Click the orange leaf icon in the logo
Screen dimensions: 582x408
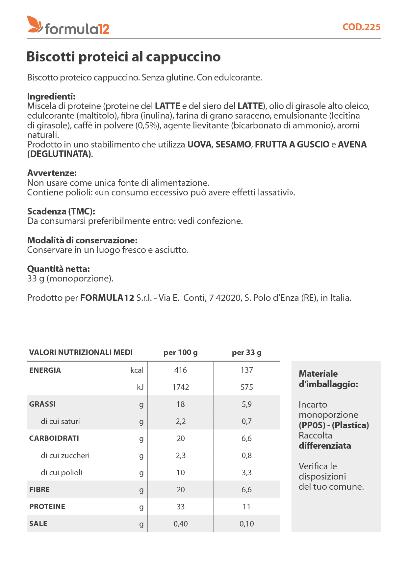(x=35, y=24)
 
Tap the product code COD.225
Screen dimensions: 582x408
(x=361, y=27)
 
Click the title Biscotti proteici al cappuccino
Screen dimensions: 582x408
(x=123, y=56)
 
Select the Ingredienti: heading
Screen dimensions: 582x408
(x=51, y=97)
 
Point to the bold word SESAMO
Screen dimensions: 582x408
(x=233, y=145)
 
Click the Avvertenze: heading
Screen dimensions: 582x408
(x=52, y=173)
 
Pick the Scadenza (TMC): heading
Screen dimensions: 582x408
(x=61, y=212)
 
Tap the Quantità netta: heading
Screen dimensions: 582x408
(x=59, y=269)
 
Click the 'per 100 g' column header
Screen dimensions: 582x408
(x=180, y=352)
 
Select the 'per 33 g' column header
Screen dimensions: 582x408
(x=246, y=352)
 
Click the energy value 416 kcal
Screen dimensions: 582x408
(x=180, y=370)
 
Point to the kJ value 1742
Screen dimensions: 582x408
(x=180, y=387)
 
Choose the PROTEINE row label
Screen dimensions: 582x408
(x=47, y=506)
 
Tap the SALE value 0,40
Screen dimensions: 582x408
(x=180, y=524)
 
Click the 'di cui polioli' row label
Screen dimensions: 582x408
(x=62, y=473)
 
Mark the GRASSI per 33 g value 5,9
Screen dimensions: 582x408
(x=246, y=404)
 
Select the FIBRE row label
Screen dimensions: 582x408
(x=39, y=489)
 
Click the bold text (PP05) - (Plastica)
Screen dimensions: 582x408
(x=334, y=425)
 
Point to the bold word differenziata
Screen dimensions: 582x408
(x=325, y=446)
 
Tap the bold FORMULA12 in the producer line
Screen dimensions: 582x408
(x=107, y=298)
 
